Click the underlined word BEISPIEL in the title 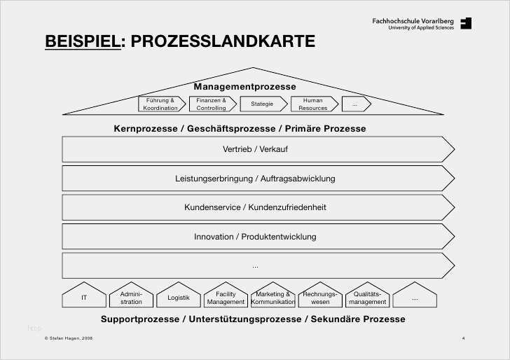83,41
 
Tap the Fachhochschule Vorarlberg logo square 466,23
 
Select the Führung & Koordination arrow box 162,104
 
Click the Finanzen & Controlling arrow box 213,104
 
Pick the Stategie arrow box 264,104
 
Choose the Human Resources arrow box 315,104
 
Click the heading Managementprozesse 245,87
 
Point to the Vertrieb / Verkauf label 255,149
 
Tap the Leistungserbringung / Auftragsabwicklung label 255,179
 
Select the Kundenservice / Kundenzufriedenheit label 255,207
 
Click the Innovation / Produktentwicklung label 255,237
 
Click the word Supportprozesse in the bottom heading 140,319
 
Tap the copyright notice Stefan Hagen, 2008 69,338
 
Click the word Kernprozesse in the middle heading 146,129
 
